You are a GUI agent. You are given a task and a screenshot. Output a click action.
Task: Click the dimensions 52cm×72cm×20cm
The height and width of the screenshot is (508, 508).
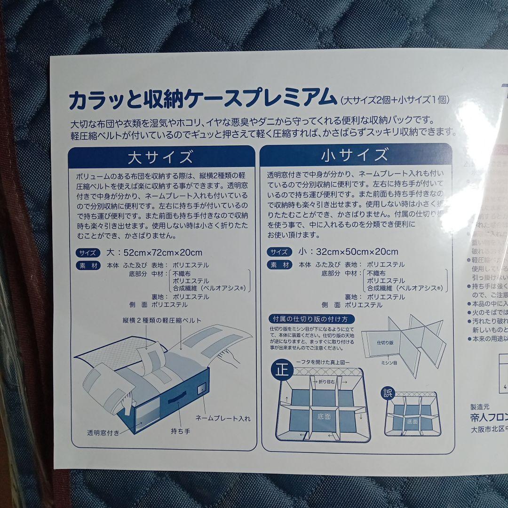(x=155, y=252)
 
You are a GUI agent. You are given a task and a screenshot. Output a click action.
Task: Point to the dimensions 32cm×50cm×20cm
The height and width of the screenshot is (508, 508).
(x=349, y=252)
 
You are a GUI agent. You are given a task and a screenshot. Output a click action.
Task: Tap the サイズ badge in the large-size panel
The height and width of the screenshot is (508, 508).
(x=87, y=253)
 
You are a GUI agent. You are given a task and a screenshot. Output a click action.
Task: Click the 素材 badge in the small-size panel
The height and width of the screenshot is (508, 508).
(x=279, y=265)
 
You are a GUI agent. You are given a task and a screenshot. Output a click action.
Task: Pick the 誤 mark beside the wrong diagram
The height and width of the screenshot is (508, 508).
(x=387, y=392)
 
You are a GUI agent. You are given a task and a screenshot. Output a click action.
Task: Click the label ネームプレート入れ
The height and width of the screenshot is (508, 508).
(x=223, y=418)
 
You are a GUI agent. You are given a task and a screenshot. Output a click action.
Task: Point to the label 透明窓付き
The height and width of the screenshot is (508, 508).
(x=103, y=432)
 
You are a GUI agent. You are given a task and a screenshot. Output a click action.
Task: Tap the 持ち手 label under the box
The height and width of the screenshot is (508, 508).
(x=181, y=430)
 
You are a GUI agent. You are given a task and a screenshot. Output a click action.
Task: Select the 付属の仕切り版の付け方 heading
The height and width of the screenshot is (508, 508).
(x=310, y=319)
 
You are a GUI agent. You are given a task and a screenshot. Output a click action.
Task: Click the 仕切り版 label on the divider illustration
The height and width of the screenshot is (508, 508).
(x=385, y=343)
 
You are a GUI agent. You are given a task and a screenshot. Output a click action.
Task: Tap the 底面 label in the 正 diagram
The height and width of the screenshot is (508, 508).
(x=324, y=416)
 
